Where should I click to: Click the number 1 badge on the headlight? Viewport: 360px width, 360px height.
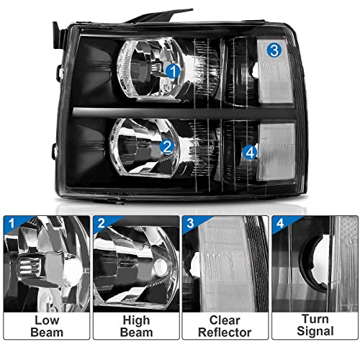point(173,70)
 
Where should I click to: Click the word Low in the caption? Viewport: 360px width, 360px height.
point(47,318)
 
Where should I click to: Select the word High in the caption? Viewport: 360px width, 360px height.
point(135,318)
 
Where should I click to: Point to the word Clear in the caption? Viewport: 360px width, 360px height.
point(225,318)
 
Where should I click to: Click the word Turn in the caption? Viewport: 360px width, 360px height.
point(313,318)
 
